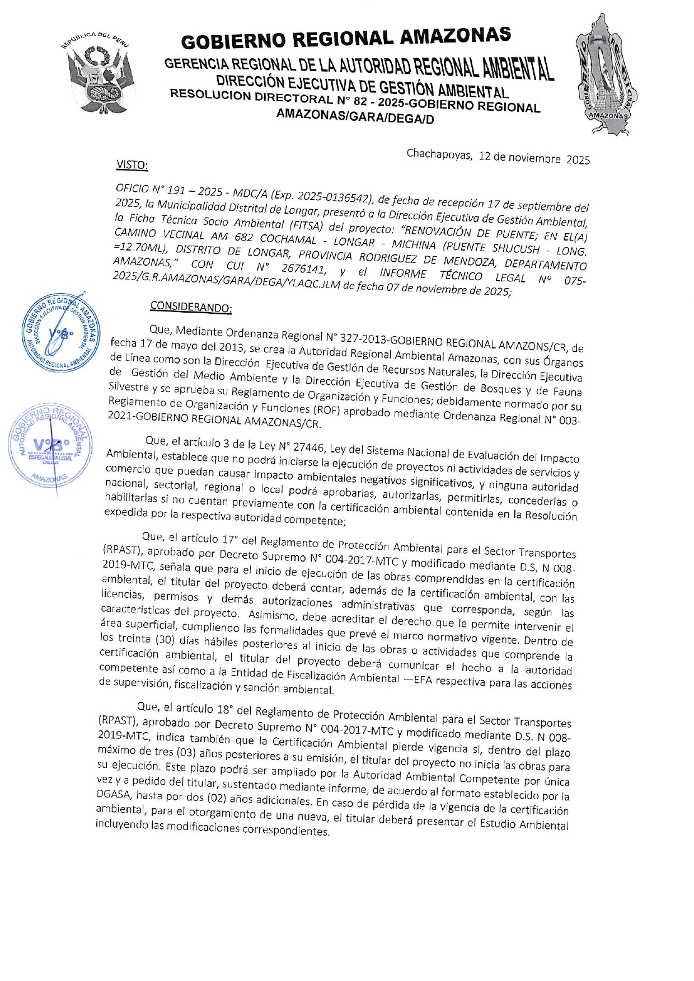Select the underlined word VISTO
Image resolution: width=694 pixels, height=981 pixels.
(132, 165)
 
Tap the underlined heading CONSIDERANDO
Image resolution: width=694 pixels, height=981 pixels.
(191, 307)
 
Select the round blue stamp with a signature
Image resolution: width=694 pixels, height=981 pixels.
(60, 332)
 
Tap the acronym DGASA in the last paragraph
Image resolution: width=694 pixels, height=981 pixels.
(114, 794)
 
